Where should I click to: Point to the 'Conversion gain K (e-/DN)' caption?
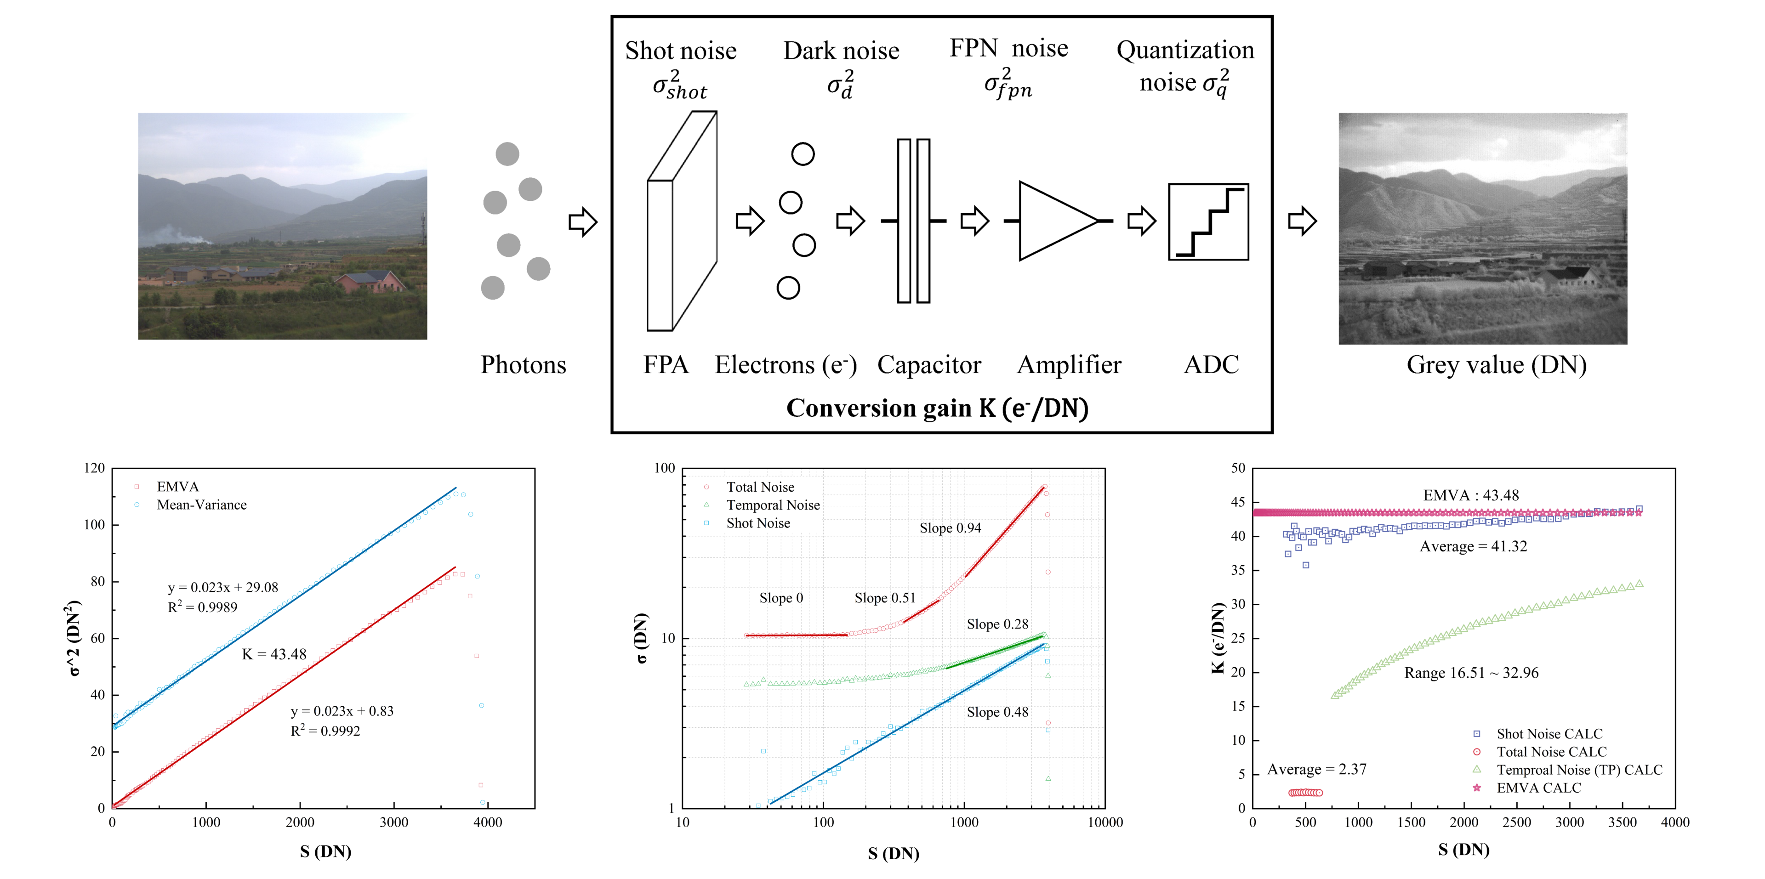coord(937,408)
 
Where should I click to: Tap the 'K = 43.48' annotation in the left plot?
coord(274,654)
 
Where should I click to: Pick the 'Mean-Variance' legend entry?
coord(201,505)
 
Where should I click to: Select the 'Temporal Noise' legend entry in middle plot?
coord(773,505)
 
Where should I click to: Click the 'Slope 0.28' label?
coord(997,624)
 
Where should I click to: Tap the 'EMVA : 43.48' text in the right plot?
coord(1470,495)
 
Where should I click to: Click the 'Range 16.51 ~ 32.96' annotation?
coord(1471,673)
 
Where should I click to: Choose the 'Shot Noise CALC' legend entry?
coord(1549,734)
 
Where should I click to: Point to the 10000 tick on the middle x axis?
coord(1105,822)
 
